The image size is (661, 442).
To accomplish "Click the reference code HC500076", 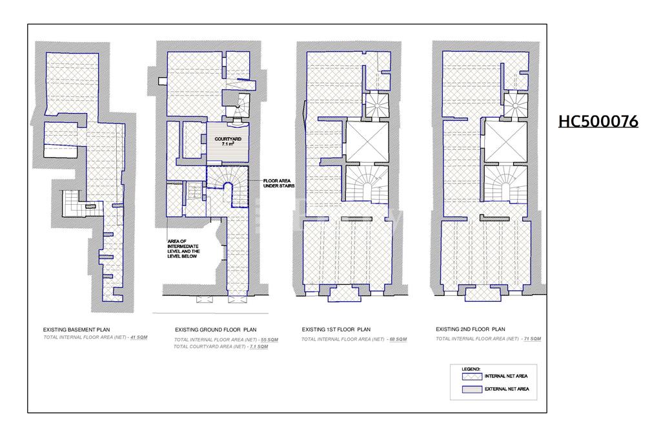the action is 598,121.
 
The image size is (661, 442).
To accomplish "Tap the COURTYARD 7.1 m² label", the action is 228,141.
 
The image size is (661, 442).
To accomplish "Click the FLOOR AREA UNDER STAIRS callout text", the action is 279,184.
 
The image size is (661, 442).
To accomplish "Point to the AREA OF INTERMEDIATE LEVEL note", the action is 183,249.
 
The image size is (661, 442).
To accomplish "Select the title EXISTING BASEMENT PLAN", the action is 76,330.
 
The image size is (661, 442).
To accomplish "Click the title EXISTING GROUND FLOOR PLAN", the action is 216,330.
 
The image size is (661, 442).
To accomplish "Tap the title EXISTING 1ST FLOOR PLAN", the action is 336,330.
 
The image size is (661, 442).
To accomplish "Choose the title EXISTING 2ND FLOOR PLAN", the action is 470,329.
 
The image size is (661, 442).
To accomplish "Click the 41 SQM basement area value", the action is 139,337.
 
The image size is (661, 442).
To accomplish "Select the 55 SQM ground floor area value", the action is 270,340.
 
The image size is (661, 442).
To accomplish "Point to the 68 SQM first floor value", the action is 398,339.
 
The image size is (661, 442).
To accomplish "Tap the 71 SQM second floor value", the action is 533,339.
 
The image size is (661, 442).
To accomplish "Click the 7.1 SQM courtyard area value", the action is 259,346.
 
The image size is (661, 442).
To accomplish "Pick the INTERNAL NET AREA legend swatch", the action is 472,377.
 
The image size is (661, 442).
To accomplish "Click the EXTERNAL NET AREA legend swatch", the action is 472,389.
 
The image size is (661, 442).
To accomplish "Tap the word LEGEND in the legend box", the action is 471,370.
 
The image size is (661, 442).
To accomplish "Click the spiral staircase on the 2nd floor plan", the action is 515,104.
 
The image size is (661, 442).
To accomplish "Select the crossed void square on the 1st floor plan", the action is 367,142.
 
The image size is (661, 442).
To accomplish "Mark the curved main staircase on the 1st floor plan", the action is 367,183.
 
